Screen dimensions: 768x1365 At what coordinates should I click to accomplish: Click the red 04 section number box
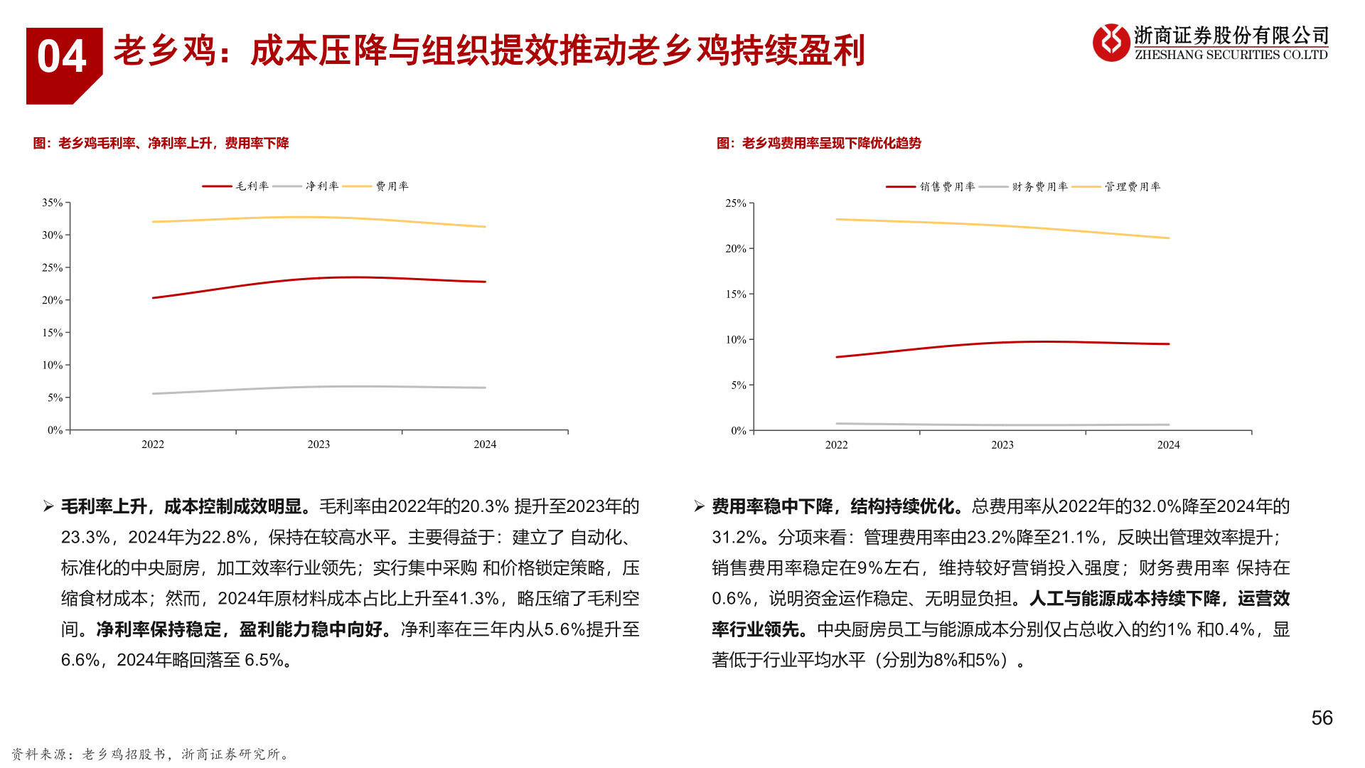63,60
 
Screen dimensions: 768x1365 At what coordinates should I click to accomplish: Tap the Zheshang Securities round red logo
1110,43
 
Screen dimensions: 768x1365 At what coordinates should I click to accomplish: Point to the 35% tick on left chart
53,203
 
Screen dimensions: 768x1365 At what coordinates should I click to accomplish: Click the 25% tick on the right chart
736,203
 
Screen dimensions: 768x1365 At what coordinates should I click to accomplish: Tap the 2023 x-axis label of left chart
318,444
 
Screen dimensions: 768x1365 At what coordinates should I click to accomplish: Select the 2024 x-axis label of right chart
1168,445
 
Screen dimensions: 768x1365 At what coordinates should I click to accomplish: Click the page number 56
1322,718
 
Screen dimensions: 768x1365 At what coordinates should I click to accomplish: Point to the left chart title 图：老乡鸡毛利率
161,144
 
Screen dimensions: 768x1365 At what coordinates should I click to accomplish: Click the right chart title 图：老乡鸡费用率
818,144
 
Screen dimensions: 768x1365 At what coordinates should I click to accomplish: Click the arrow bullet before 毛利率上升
48,506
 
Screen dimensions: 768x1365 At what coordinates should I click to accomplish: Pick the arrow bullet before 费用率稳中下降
700,506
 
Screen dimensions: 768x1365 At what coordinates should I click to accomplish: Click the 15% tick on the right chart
736,294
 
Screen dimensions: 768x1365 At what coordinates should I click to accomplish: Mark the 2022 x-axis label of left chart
153,444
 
